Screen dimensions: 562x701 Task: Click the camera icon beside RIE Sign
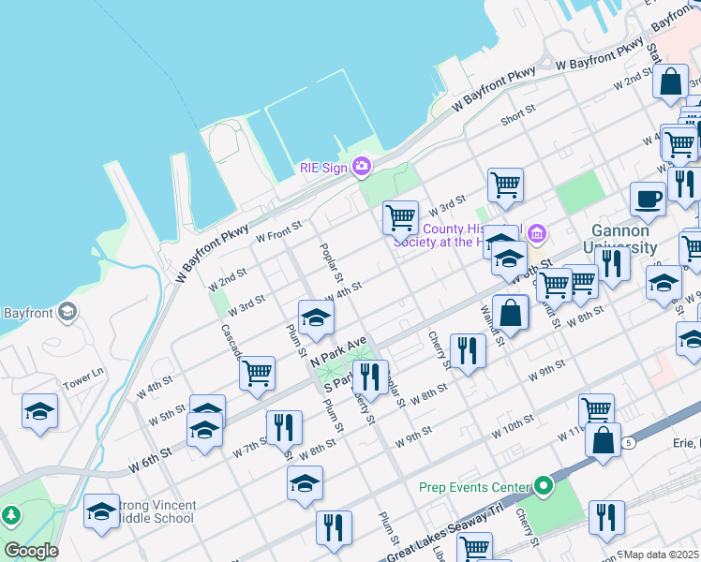[362, 168]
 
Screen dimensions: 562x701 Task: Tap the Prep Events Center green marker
[544, 486]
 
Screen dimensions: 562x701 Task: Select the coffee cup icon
[648, 200]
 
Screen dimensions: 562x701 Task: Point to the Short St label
[517, 115]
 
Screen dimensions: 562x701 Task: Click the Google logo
[31, 551]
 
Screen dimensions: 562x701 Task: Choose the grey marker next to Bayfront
[67, 311]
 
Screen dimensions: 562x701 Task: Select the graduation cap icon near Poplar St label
[316, 318]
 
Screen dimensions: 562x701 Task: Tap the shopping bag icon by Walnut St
[511, 313]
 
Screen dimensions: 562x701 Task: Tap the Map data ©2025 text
[662, 555]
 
